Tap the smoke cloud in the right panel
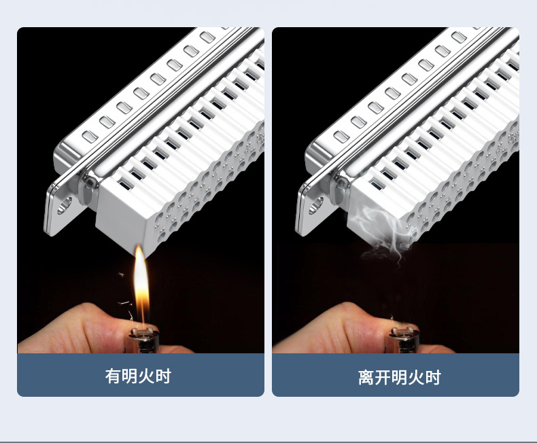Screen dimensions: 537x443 pos(383,233)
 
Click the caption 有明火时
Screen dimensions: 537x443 pos(138,376)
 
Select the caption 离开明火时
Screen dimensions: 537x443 pos(399,377)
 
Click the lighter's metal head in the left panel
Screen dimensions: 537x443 pos(144,340)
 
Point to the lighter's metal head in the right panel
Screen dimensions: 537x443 pos(404,340)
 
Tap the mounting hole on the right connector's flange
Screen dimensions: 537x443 pos(316,206)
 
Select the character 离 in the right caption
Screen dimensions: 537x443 pos(366,377)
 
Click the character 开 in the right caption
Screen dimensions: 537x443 pos(383,377)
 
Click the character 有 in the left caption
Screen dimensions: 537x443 pos(113,376)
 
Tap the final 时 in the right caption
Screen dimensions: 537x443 pos(433,377)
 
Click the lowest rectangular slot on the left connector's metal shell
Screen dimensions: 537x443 pos(90,137)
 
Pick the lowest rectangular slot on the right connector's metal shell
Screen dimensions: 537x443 pos(341,137)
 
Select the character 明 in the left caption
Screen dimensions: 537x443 pos(129,376)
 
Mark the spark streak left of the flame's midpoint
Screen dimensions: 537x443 pos(124,303)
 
